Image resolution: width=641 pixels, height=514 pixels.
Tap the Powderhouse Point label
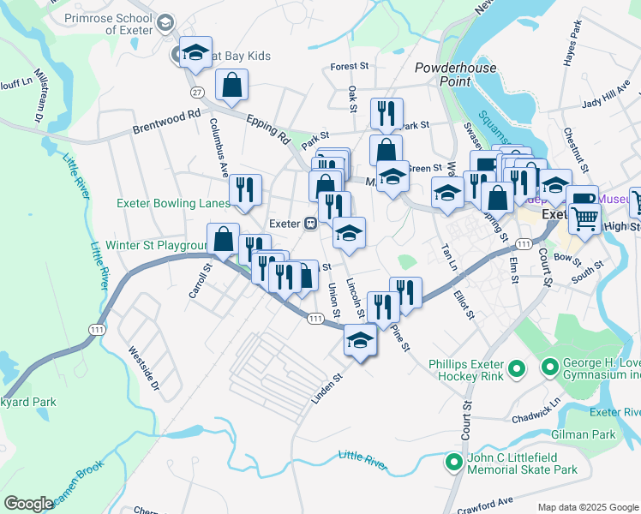tap(443, 75)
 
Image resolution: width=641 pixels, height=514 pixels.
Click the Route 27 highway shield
tap(197, 92)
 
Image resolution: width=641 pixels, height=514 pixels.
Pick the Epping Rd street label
tap(267, 129)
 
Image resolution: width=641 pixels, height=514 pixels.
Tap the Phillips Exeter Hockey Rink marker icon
tap(516, 369)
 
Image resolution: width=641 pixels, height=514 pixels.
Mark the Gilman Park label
tap(591, 435)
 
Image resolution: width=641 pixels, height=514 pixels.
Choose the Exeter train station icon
tap(311, 223)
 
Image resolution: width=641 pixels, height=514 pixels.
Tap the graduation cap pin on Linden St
tap(361, 340)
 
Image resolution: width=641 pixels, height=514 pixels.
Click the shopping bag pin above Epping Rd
tap(232, 85)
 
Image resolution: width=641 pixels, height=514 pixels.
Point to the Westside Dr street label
tap(143, 368)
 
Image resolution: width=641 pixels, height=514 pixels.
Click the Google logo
tap(28, 504)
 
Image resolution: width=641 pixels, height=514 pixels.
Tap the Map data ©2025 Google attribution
tap(587, 507)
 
